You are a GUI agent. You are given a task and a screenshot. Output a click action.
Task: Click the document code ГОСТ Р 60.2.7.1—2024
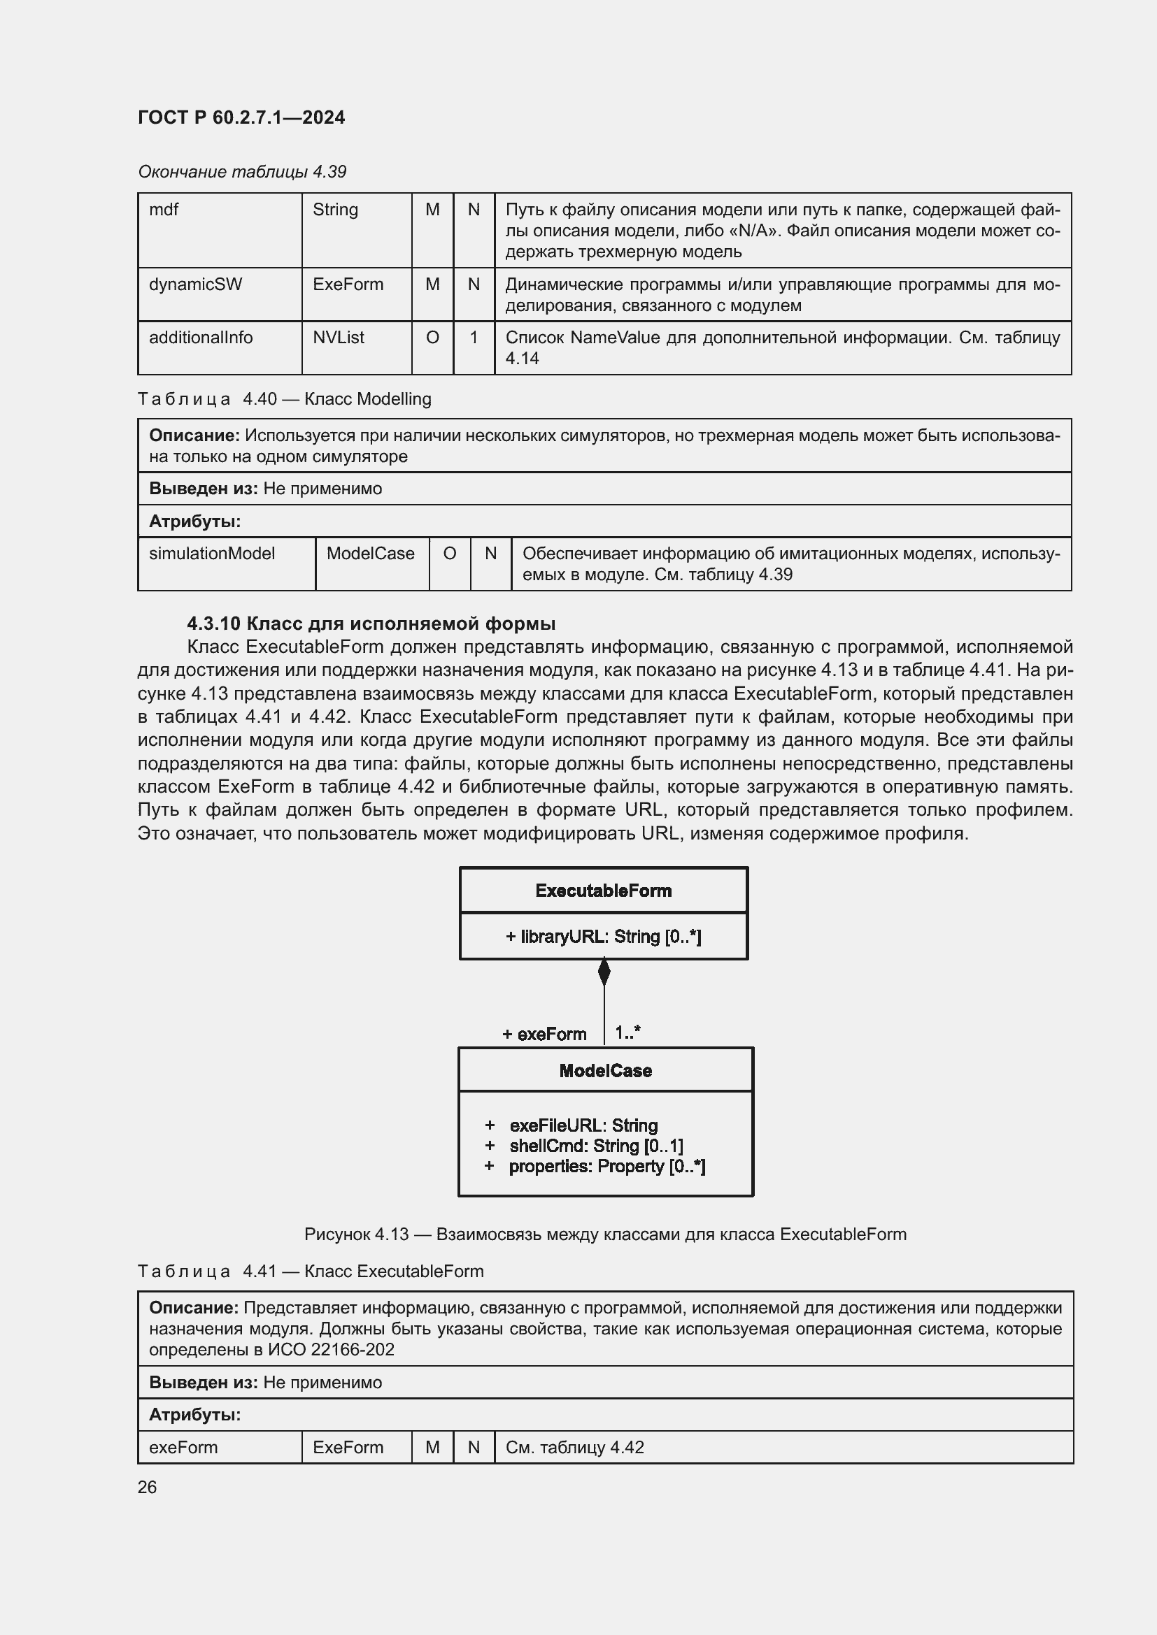tap(241, 117)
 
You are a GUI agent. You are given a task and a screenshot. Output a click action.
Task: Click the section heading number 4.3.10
tap(213, 624)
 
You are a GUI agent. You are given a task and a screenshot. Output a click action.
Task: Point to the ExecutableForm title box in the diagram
tap(604, 891)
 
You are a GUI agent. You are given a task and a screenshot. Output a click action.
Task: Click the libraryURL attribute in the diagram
tap(604, 937)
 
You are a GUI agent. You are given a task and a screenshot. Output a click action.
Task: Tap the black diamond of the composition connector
tap(604, 972)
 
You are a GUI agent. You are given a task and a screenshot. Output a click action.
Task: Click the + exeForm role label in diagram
tap(544, 1034)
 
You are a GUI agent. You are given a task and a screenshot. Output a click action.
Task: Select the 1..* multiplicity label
tap(627, 1032)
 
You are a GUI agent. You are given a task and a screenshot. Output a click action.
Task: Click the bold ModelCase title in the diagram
tap(606, 1071)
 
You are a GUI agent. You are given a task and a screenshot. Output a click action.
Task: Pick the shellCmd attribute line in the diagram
tap(595, 1146)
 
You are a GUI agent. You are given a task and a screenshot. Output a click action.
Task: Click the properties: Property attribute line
tap(606, 1167)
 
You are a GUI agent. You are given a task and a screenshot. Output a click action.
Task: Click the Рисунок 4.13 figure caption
tap(605, 1234)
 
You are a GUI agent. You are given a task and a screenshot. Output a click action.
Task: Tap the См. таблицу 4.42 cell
tap(574, 1448)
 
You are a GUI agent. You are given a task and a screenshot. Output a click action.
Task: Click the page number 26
tap(148, 1488)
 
